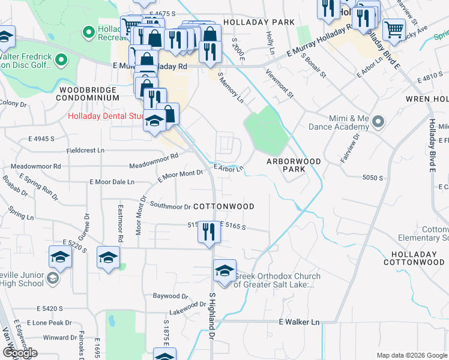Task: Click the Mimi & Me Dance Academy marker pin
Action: point(378,122)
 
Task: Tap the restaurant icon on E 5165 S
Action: point(208,232)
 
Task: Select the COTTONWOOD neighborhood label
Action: point(225,206)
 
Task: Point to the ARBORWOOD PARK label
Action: point(294,165)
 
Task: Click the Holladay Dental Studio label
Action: point(106,116)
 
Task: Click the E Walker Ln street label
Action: point(299,322)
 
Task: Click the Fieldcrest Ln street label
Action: point(85,150)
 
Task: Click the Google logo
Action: point(20,353)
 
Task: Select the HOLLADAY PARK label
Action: point(259,22)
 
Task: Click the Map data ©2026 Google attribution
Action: point(411,355)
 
